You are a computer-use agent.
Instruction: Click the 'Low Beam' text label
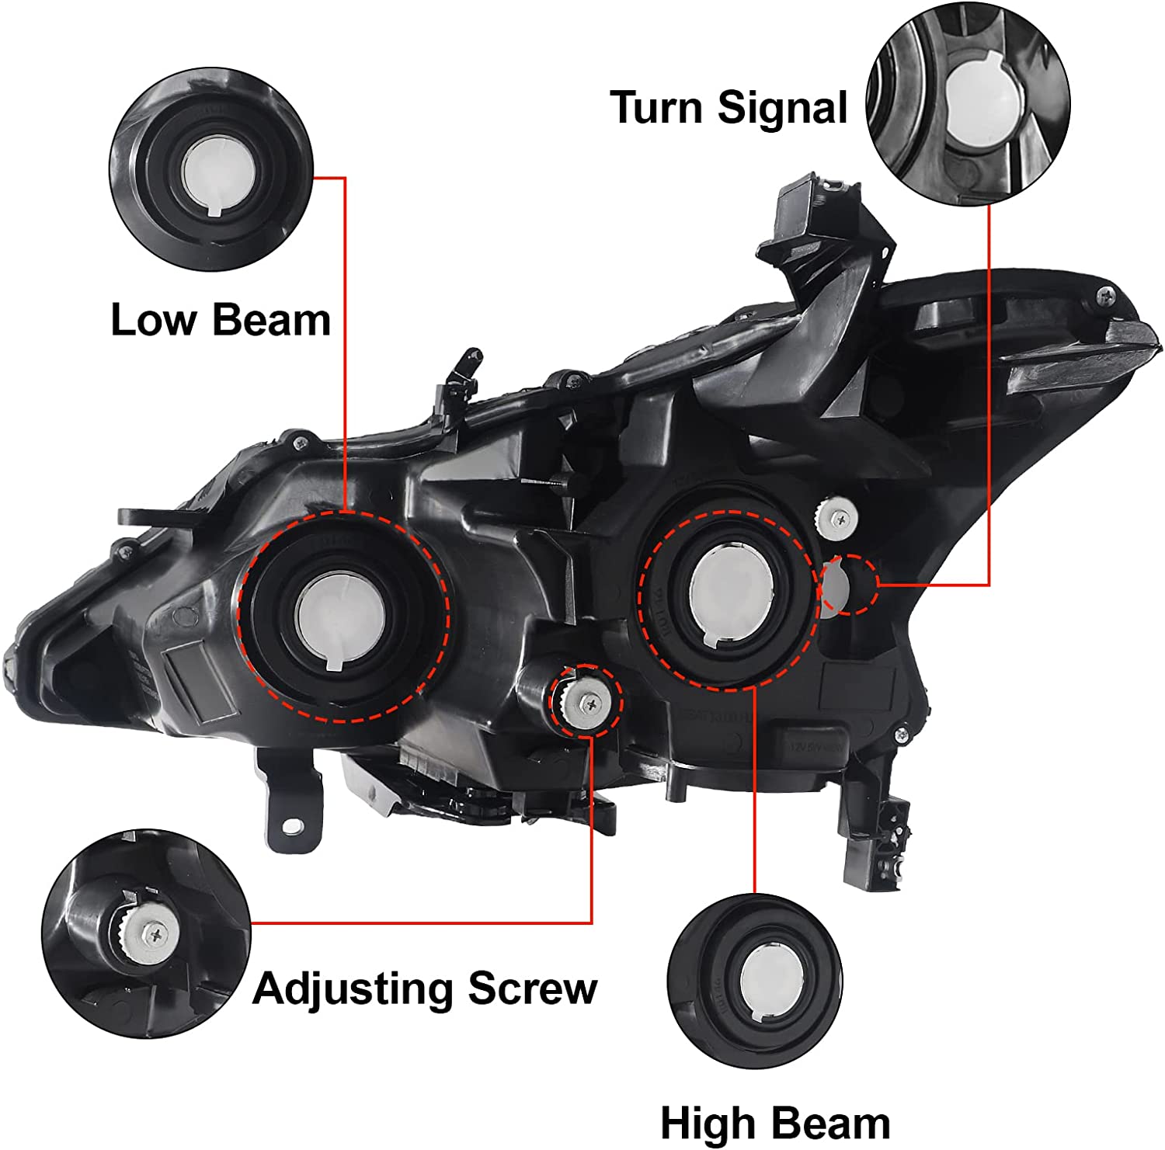[x=221, y=320]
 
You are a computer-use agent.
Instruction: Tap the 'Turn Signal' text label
[x=728, y=107]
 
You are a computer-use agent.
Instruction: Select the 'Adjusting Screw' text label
[x=425, y=988]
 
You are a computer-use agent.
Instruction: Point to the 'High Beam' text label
[x=774, y=1123]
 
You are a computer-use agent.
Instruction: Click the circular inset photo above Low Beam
[x=211, y=169]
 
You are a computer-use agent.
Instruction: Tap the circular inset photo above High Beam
[x=755, y=981]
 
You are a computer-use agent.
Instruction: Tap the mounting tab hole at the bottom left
[x=292, y=826]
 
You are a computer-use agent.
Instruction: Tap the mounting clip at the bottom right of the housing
[x=885, y=846]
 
